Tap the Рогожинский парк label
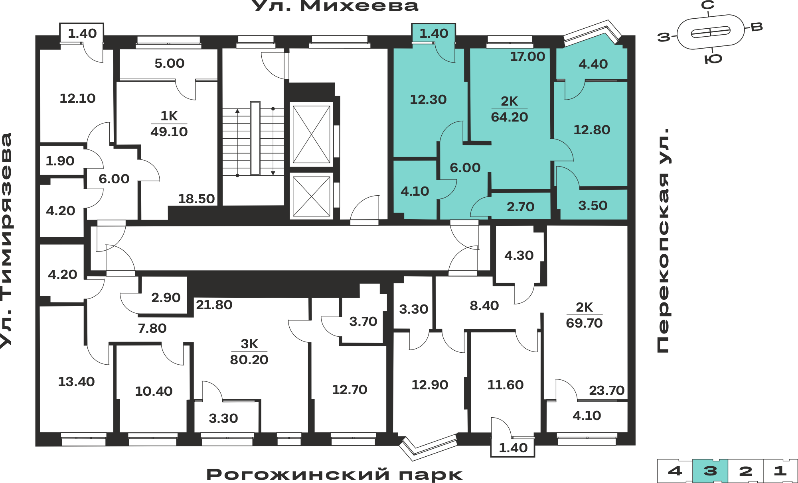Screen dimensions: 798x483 tap(334, 474)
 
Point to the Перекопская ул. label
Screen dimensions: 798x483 tap(663, 240)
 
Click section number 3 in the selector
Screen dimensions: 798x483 tap(710, 471)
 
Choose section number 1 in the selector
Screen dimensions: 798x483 tap(780, 471)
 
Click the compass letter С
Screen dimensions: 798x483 tap(708, 5)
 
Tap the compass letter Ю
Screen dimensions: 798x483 tap(713, 59)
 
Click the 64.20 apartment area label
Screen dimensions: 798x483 tap(509, 117)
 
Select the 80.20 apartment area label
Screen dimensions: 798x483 tap(249, 360)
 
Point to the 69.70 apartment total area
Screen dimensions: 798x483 tap(584, 323)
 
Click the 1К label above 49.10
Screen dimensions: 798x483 tap(169, 116)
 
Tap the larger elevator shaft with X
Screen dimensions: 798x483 tap(311, 134)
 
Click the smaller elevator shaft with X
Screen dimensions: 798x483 tap(311, 196)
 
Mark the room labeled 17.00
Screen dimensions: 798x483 tap(527, 57)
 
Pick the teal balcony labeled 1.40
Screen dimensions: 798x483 tap(434, 33)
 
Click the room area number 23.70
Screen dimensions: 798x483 tap(606, 391)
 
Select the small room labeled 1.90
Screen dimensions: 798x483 tap(60, 161)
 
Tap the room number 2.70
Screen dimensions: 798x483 tap(520, 207)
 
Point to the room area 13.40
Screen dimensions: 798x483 tap(76, 382)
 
